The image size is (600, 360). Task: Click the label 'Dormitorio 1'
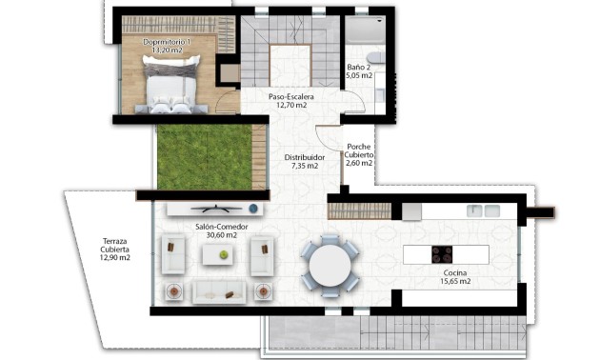168,43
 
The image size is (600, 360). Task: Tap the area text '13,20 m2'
168,52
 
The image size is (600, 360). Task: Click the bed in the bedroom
172,85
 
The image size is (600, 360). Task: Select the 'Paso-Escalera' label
291,96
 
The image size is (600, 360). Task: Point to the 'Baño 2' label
359,68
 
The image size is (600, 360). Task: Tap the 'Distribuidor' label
304,157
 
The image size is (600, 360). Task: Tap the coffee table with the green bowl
220,254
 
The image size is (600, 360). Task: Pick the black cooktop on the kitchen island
443,254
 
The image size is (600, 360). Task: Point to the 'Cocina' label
456,272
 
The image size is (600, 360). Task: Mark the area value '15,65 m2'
456,282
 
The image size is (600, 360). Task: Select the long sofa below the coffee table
220,290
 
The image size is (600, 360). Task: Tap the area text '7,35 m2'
304,167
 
